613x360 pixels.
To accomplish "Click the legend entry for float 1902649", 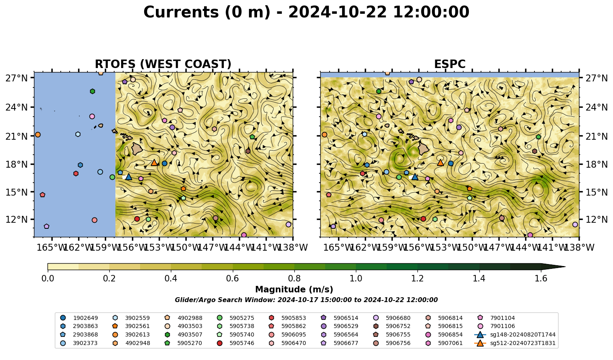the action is [79, 318].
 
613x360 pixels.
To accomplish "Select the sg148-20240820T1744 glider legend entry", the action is [515, 334].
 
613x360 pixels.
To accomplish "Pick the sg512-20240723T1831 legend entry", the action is [515, 343].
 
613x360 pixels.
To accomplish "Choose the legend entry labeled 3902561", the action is [131, 326].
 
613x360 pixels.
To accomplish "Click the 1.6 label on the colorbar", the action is [541, 278].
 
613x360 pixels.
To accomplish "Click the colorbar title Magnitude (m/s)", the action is [294, 290].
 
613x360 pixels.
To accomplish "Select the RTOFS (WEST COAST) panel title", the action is [163, 64].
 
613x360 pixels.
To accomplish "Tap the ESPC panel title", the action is [449, 64].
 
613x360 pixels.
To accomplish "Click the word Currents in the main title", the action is [181, 12].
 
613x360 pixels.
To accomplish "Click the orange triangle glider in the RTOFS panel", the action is [154, 163].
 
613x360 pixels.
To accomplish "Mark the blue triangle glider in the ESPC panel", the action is [415, 177].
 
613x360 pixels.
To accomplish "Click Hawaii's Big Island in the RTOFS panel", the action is [137, 149].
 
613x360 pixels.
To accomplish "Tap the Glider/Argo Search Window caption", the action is [306, 300].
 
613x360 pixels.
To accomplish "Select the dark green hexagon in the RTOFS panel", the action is [92, 91].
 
